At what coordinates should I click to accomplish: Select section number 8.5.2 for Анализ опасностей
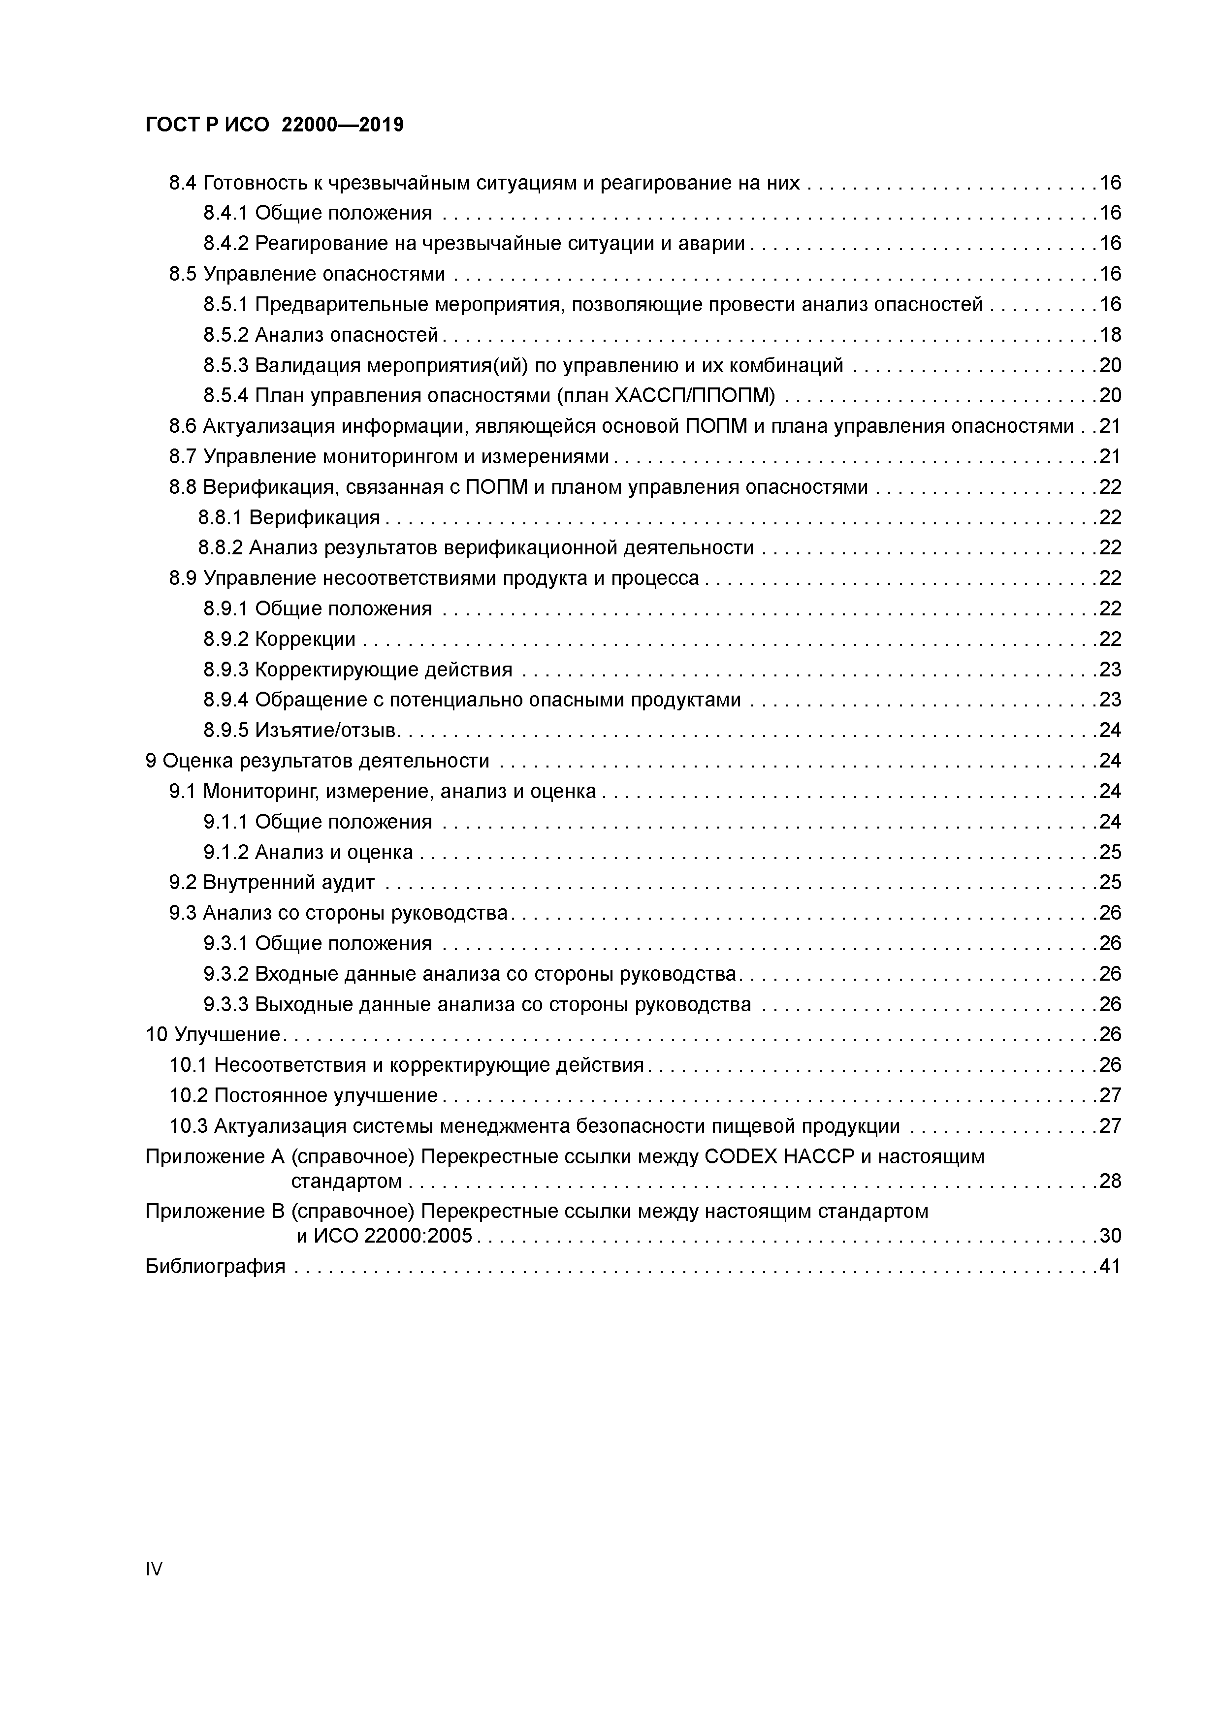225,335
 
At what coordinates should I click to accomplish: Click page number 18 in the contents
1110,335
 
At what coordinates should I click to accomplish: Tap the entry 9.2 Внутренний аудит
272,882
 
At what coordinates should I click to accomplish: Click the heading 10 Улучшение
212,1035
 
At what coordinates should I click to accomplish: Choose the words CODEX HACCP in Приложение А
780,1156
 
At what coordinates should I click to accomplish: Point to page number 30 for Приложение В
1110,1236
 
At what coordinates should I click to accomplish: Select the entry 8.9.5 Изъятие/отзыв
301,731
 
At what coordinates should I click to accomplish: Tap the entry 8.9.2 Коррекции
279,640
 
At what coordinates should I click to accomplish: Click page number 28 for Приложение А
1110,1181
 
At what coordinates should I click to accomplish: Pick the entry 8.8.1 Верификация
289,517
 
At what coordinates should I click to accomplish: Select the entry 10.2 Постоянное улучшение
303,1096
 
